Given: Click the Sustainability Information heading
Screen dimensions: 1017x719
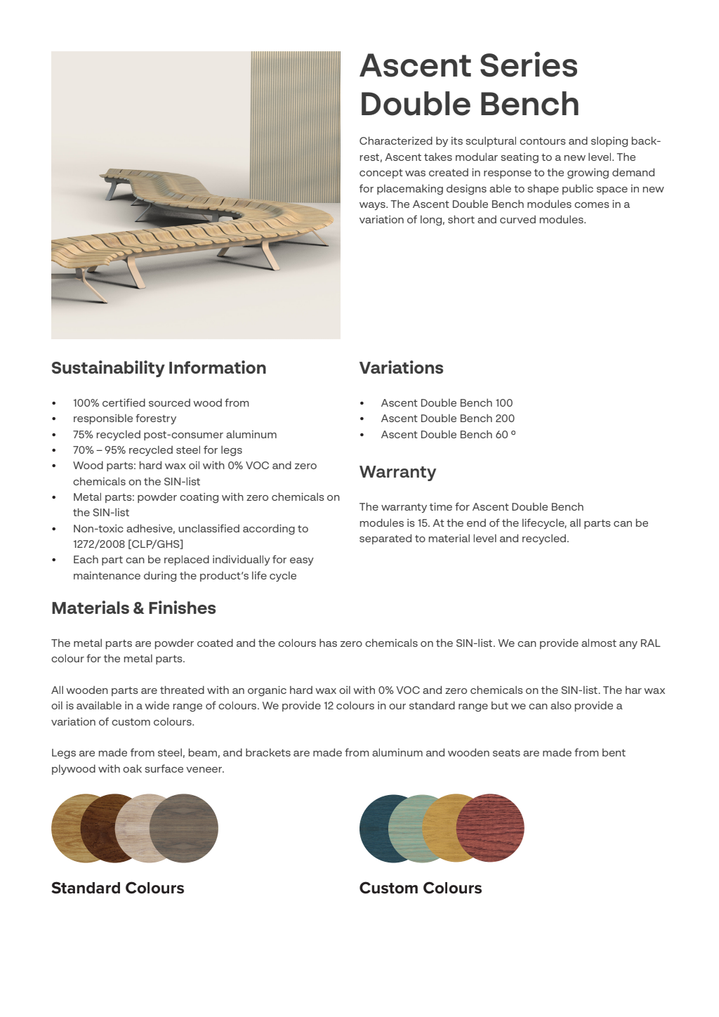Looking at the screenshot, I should click(159, 368).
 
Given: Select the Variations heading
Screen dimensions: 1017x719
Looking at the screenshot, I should click(401, 368).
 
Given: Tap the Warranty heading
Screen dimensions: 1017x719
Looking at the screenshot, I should click(397, 472).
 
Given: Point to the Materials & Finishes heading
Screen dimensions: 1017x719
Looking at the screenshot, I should click(133, 608).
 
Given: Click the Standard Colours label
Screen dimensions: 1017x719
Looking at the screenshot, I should click(117, 888).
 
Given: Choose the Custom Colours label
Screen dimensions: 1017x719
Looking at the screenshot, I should click(420, 888).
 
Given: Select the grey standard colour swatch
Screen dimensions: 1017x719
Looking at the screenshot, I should click(190, 828).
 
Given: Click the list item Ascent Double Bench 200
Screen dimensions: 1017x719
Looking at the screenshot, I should click(447, 419).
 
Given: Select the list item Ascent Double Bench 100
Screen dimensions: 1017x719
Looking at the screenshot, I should click(447, 403).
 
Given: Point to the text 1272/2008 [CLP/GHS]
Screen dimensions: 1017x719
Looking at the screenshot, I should click(128, 544).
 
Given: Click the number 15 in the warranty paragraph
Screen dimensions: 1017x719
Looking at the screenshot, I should click(423, 523).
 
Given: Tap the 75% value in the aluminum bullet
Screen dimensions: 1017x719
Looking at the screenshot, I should click(83, 435).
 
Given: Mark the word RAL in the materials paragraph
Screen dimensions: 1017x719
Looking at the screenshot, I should click(649, 643).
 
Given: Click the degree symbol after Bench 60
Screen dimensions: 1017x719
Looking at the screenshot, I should click(513, 433).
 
